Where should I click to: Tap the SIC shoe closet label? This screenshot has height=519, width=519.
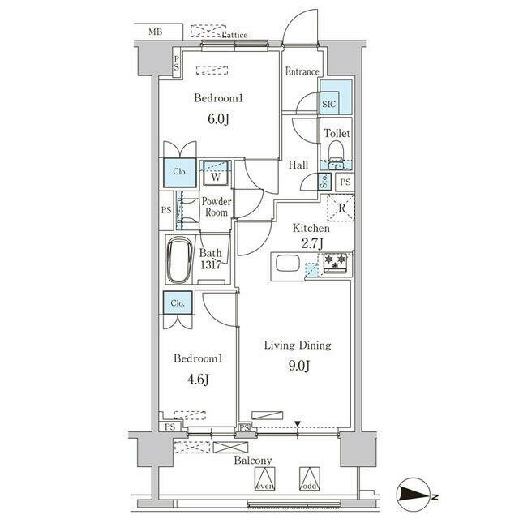coord(328,105)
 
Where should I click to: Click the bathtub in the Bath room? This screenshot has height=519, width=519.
coord(179,260)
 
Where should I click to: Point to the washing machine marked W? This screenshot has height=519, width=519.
coord(216,173)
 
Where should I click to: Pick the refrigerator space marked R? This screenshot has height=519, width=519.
coord(341,208)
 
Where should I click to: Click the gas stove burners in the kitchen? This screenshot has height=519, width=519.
coord(335,263)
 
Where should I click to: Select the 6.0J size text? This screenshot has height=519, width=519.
coord(218,119)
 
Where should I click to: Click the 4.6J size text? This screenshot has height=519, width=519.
coord(198,380)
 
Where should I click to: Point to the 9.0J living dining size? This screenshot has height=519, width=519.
coord(299,366)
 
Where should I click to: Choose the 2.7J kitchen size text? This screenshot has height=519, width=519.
coord(312,243)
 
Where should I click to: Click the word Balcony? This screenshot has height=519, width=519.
coord(253,461)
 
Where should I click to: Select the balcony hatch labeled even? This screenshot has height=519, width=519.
coord(265,478)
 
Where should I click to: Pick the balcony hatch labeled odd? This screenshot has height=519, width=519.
coord(310,478)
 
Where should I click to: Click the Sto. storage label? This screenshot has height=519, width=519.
coord(324,181)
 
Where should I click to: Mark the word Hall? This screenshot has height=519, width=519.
coord(298,165)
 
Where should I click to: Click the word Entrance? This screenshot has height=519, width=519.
coord(302,71)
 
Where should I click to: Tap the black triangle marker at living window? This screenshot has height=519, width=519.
coord(298,423)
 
